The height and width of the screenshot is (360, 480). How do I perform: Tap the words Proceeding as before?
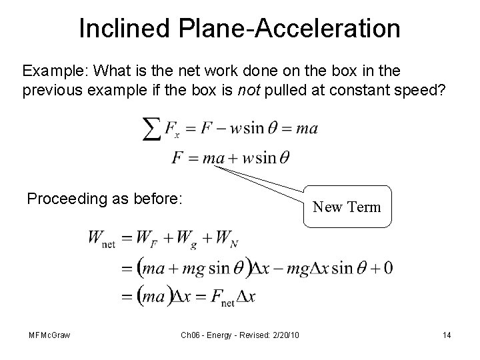104,198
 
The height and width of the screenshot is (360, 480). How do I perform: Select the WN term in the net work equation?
227,239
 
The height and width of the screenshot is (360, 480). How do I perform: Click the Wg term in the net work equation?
184,239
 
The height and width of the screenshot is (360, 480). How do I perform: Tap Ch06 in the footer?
191,335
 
